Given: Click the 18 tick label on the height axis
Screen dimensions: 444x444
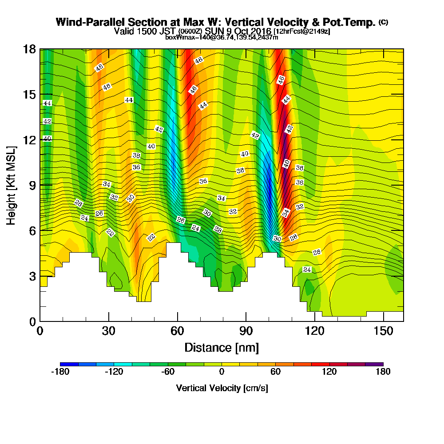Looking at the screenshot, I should coord(29,49).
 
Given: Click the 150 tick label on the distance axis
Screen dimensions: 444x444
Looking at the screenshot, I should coord(383,331).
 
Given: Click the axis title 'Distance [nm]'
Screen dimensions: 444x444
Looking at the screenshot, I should coord(222,347).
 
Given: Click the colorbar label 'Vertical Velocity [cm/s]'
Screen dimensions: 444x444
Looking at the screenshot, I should coord(222,388).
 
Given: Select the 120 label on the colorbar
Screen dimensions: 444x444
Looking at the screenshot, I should coord(329,372).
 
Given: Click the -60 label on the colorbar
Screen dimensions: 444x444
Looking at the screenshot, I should coord(167,372).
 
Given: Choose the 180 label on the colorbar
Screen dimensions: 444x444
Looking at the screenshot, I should coord(383,372).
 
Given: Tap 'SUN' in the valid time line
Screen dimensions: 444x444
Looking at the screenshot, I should coord(214,31).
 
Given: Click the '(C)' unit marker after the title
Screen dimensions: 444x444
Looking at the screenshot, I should coord(383,22).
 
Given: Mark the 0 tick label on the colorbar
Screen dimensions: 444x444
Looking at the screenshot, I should coord(222,372).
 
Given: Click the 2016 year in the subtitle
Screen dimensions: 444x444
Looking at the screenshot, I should coord(261,31).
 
